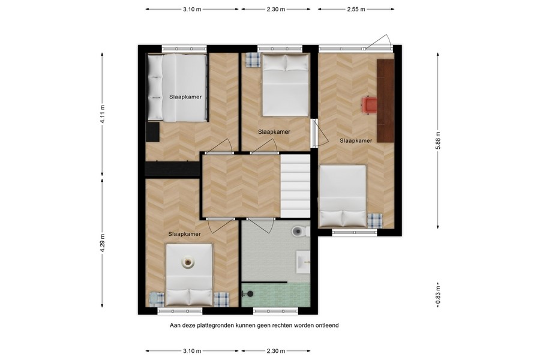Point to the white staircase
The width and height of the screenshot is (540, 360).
[295, 186]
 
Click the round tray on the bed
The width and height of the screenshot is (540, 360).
[188, 262]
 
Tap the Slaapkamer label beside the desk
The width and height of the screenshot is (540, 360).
[356, 140]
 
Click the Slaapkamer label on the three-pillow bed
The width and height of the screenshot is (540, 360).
[185, 97]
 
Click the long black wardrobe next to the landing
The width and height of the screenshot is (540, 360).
[172, 170]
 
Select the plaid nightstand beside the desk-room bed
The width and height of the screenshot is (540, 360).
[374, 220]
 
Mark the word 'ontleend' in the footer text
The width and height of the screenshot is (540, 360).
[326, 325]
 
